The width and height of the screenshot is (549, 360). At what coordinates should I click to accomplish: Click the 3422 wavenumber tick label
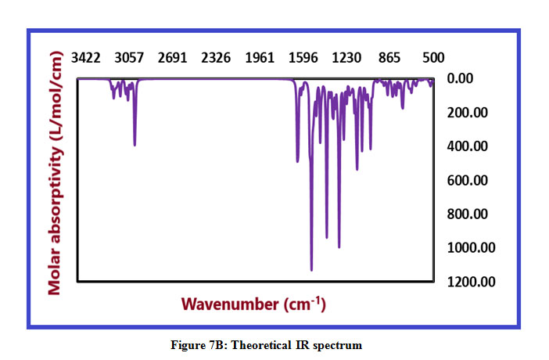pyautogui.click(x=86, y=58)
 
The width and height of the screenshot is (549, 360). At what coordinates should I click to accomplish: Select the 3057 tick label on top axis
pyautogui.click(x=129, y=58)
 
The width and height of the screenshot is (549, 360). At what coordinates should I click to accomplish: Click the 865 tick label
pyautogui.click(x=389, y=58)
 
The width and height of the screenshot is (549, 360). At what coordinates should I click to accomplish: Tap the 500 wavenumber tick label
pyautogui.click(x=432, y=58)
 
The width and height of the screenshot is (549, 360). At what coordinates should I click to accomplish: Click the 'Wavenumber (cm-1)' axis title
pyautogui.click(x=253, y=303)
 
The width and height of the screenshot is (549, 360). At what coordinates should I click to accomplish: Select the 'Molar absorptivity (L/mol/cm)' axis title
pyautogui.click(x=56, y=173)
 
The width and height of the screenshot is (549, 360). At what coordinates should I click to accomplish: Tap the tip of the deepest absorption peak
pyautogui.click(x=311, y=270)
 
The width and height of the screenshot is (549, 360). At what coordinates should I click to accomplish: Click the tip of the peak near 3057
pyautogui.click(x=135, y=145)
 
